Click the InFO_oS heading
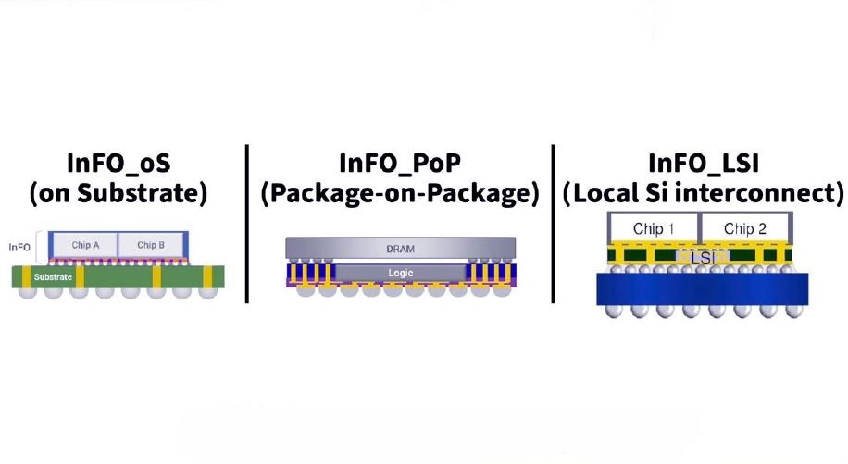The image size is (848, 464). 118,163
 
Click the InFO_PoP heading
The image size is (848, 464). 400,163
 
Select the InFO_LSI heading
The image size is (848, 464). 703,163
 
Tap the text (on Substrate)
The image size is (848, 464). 118,193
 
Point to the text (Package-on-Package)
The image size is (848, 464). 400,193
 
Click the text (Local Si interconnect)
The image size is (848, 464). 703,193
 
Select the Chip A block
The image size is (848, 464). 85,245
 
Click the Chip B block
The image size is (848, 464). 150,245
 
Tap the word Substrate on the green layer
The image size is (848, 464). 53,277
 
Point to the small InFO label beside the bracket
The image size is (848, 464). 19,248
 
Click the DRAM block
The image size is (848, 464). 400,249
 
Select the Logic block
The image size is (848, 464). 400,273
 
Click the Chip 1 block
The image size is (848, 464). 654,229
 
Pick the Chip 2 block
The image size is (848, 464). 745,229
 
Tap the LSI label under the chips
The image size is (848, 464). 702,258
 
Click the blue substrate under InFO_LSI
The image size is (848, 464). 702,289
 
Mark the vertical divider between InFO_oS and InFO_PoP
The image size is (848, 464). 247,224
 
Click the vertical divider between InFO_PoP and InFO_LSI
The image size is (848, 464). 554,224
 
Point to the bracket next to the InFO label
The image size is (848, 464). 39,248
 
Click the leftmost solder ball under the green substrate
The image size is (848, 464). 27,292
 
